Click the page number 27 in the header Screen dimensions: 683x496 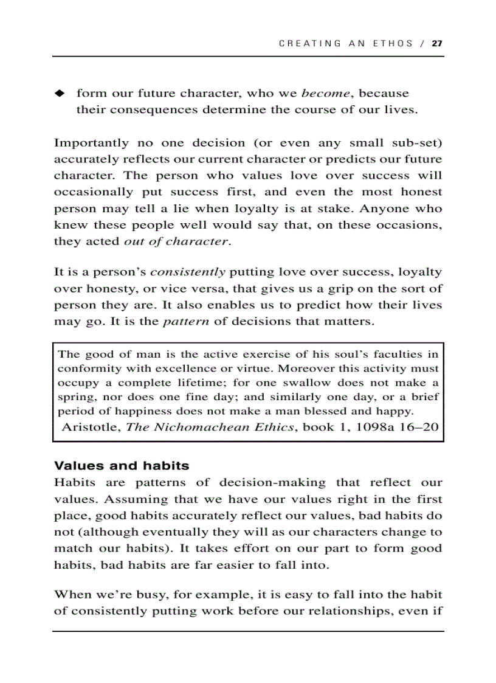click(436, 43)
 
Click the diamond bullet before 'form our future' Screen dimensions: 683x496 click(59, 94)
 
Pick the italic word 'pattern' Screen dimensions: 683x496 click(186, 321)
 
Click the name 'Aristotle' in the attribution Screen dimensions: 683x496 click(91, 427)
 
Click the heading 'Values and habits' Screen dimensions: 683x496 click(122, 466)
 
